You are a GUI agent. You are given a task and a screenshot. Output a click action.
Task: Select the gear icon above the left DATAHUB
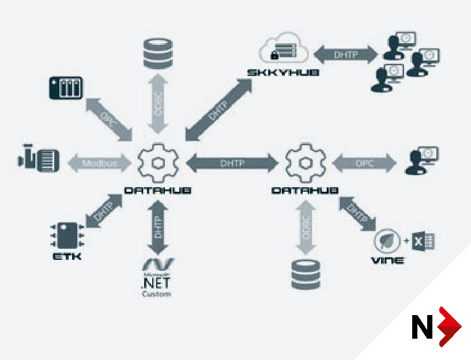point(157,162)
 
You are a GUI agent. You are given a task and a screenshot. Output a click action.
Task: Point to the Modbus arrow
point(100,163)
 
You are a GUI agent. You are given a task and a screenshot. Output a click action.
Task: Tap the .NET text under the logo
point(156,283)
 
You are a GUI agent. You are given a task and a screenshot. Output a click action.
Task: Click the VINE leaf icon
point(385,240)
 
